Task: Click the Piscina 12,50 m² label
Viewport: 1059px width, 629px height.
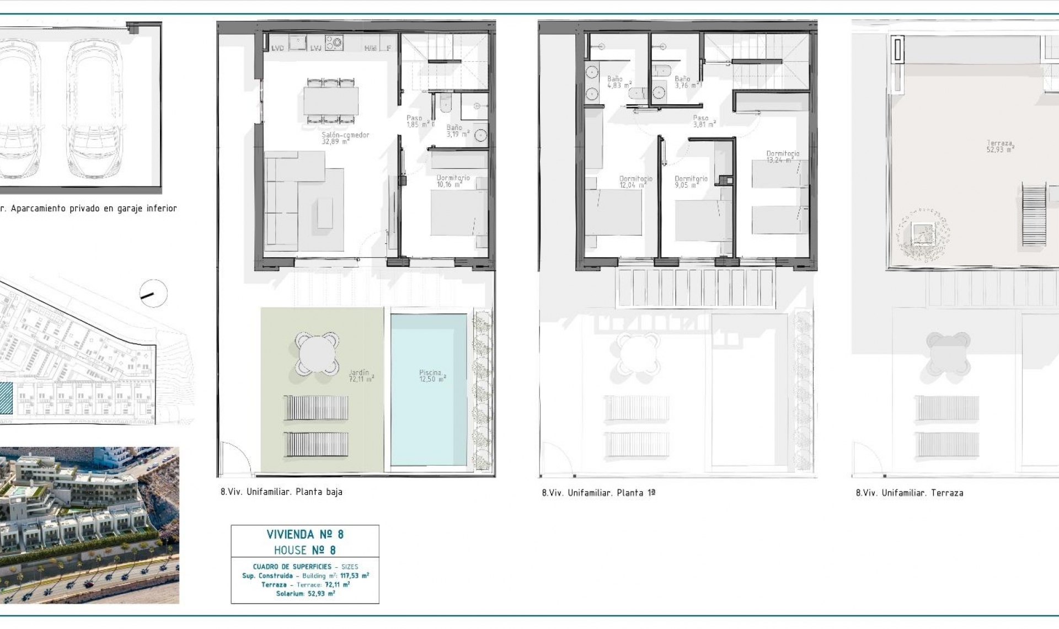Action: pyautogui.click(x=432, y=376)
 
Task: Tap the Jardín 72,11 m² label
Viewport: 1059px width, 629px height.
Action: pyautogui.click(x=361, y=376)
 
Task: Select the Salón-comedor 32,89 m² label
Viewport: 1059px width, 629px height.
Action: pyautogui.click(x=345, y=138)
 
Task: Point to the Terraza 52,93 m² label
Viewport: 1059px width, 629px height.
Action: pyautogui.click(x=1001, y=146)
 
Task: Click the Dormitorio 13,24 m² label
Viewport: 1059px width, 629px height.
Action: pyautogui.click(x=782, y=157)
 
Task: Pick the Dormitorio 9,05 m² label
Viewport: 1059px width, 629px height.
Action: pyautogui.click(x=691, y=182)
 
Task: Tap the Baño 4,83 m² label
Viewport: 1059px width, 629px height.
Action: pyautogui.click(x=618, y=82)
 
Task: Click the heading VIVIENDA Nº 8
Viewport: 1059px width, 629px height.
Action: pyautogui.click(x=305, y=534)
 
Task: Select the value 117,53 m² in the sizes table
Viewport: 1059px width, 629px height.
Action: pyautogui.click(x=354, y=575)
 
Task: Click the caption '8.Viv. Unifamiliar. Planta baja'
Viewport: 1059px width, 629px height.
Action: pyautogui.click(x=281, y=492)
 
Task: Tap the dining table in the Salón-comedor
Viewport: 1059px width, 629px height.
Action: pyautogui.click(x=331, y=101)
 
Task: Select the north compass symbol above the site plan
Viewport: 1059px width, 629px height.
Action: pyautogui.click(x=153, y=294)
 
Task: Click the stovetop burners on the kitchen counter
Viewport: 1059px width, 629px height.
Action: pyautogui.click(x=334, y=42)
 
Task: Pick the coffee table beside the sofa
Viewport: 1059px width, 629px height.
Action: pyautogui.click(x=325, y=214)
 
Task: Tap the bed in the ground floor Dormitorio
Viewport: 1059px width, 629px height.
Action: pyautogui.click(x=459, y=212)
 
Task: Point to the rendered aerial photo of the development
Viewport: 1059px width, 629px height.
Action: pyautogui.click(x=89, y=525)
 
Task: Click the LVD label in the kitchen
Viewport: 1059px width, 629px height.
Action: pyautogui.click(x=277, y=49)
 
